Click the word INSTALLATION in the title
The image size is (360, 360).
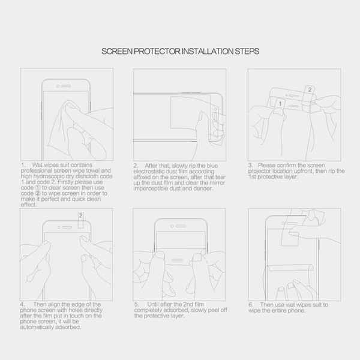pyautogui.click(x=208, y=51)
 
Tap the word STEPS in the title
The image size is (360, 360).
pyautogui.click(x=247, y=51)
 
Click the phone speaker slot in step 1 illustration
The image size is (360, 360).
pyautogui.click(x=66, y=86)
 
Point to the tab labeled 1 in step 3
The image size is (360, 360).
pyautogui.click(x=280, y=104)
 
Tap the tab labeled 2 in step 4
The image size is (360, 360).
pyautogui.click(x=80, y=220)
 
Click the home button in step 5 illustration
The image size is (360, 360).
pyautogui.click(x=177, y=260)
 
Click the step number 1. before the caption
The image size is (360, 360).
pyautogui.click(x=23, y=165)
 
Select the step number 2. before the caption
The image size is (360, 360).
pyautogui.click(x=136, y=166)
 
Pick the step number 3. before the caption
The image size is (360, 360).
pyautogui.click(x=250, y=166)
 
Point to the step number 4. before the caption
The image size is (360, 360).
pyautogui.click(x=22, y=304)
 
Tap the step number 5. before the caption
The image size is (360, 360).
pyautogui.click(x=137, y=304)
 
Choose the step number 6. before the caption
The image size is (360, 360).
pyautogui.click(x=251, y=305)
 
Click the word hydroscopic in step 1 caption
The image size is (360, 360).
pyautogui.click(x=45, y=176)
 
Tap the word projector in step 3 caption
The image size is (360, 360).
pyautogui.click(x=258, y=171)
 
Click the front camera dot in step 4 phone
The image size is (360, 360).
pyautogui.click(x=59, y=227)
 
